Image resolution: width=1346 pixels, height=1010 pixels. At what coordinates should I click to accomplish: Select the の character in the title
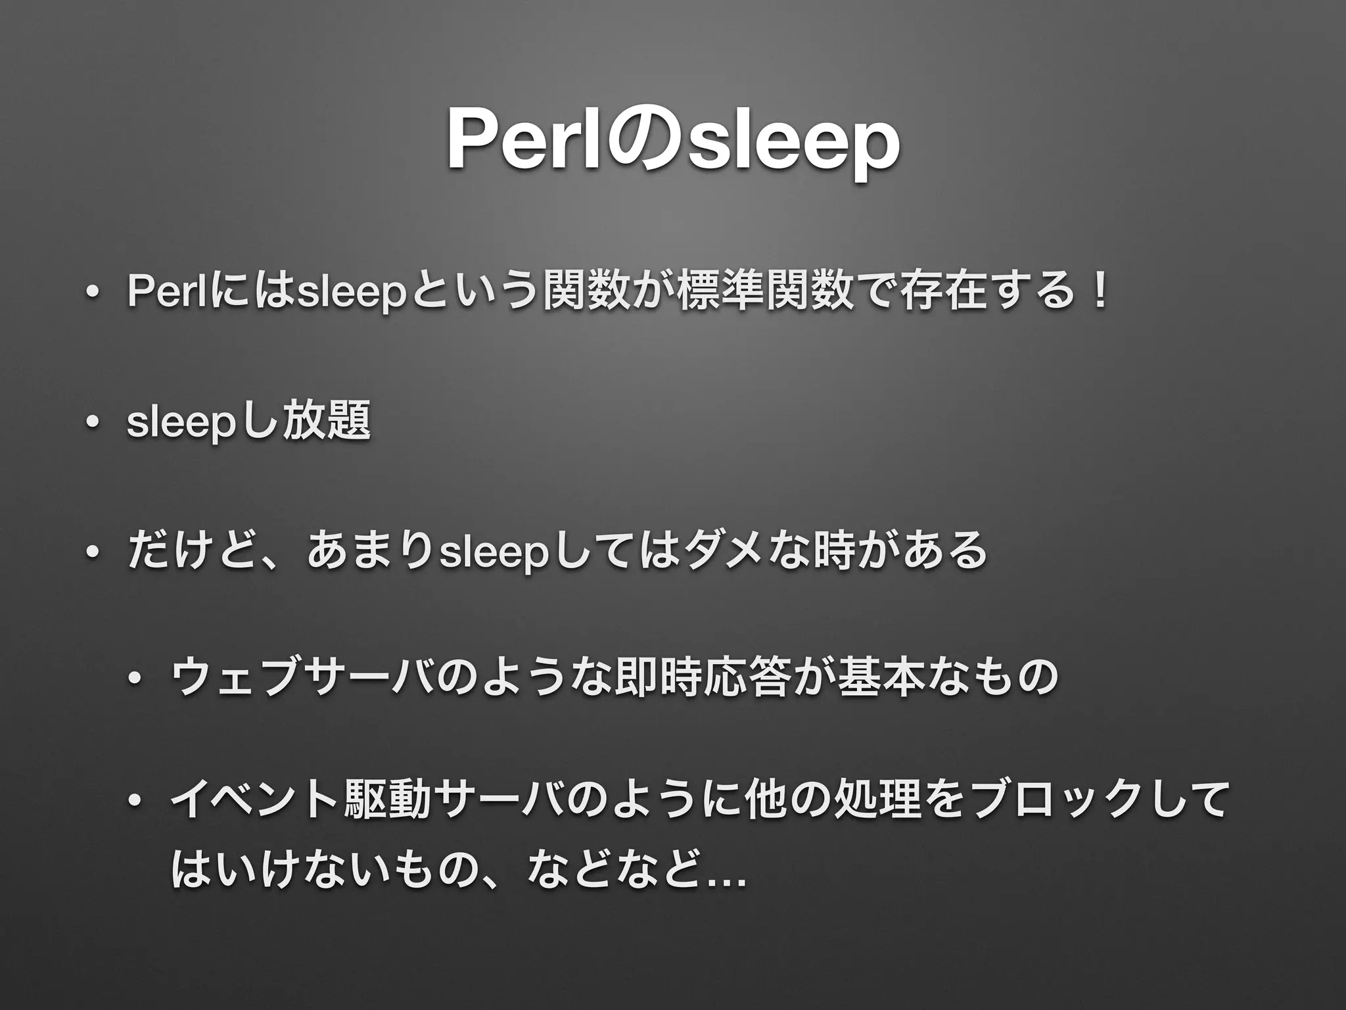(x=640, y=140)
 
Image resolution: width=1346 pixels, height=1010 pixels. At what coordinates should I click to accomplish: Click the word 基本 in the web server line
(x=879, y=678)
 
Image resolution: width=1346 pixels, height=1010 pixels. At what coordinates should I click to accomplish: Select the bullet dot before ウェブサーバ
(x=137, y=678)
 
